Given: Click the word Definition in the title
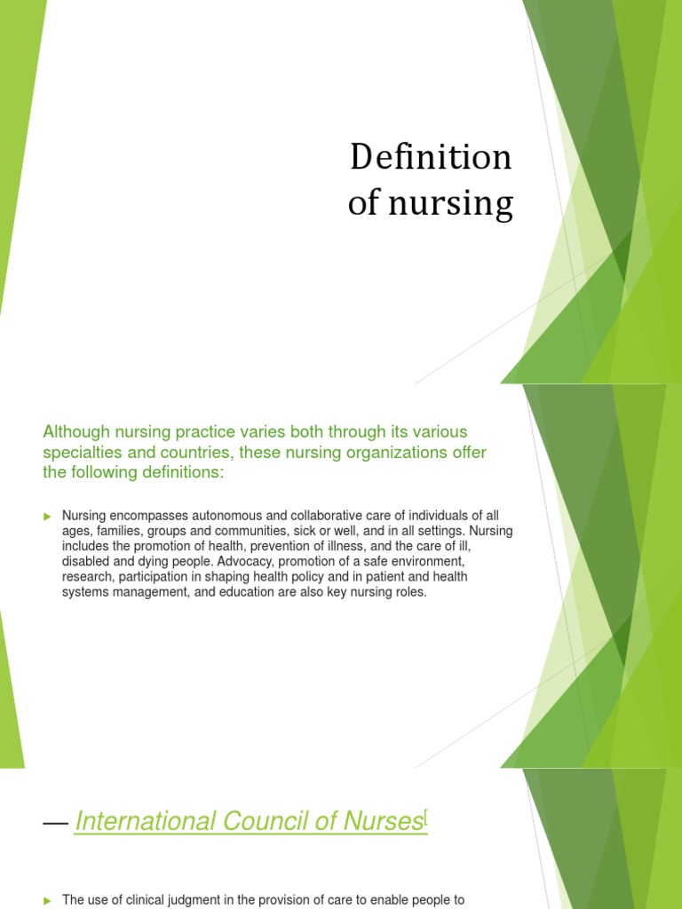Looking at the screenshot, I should click(x=431, y=158).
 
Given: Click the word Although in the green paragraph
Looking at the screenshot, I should click(x=76, y=431).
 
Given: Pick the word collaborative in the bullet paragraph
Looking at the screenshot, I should click(x=322, y=516).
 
